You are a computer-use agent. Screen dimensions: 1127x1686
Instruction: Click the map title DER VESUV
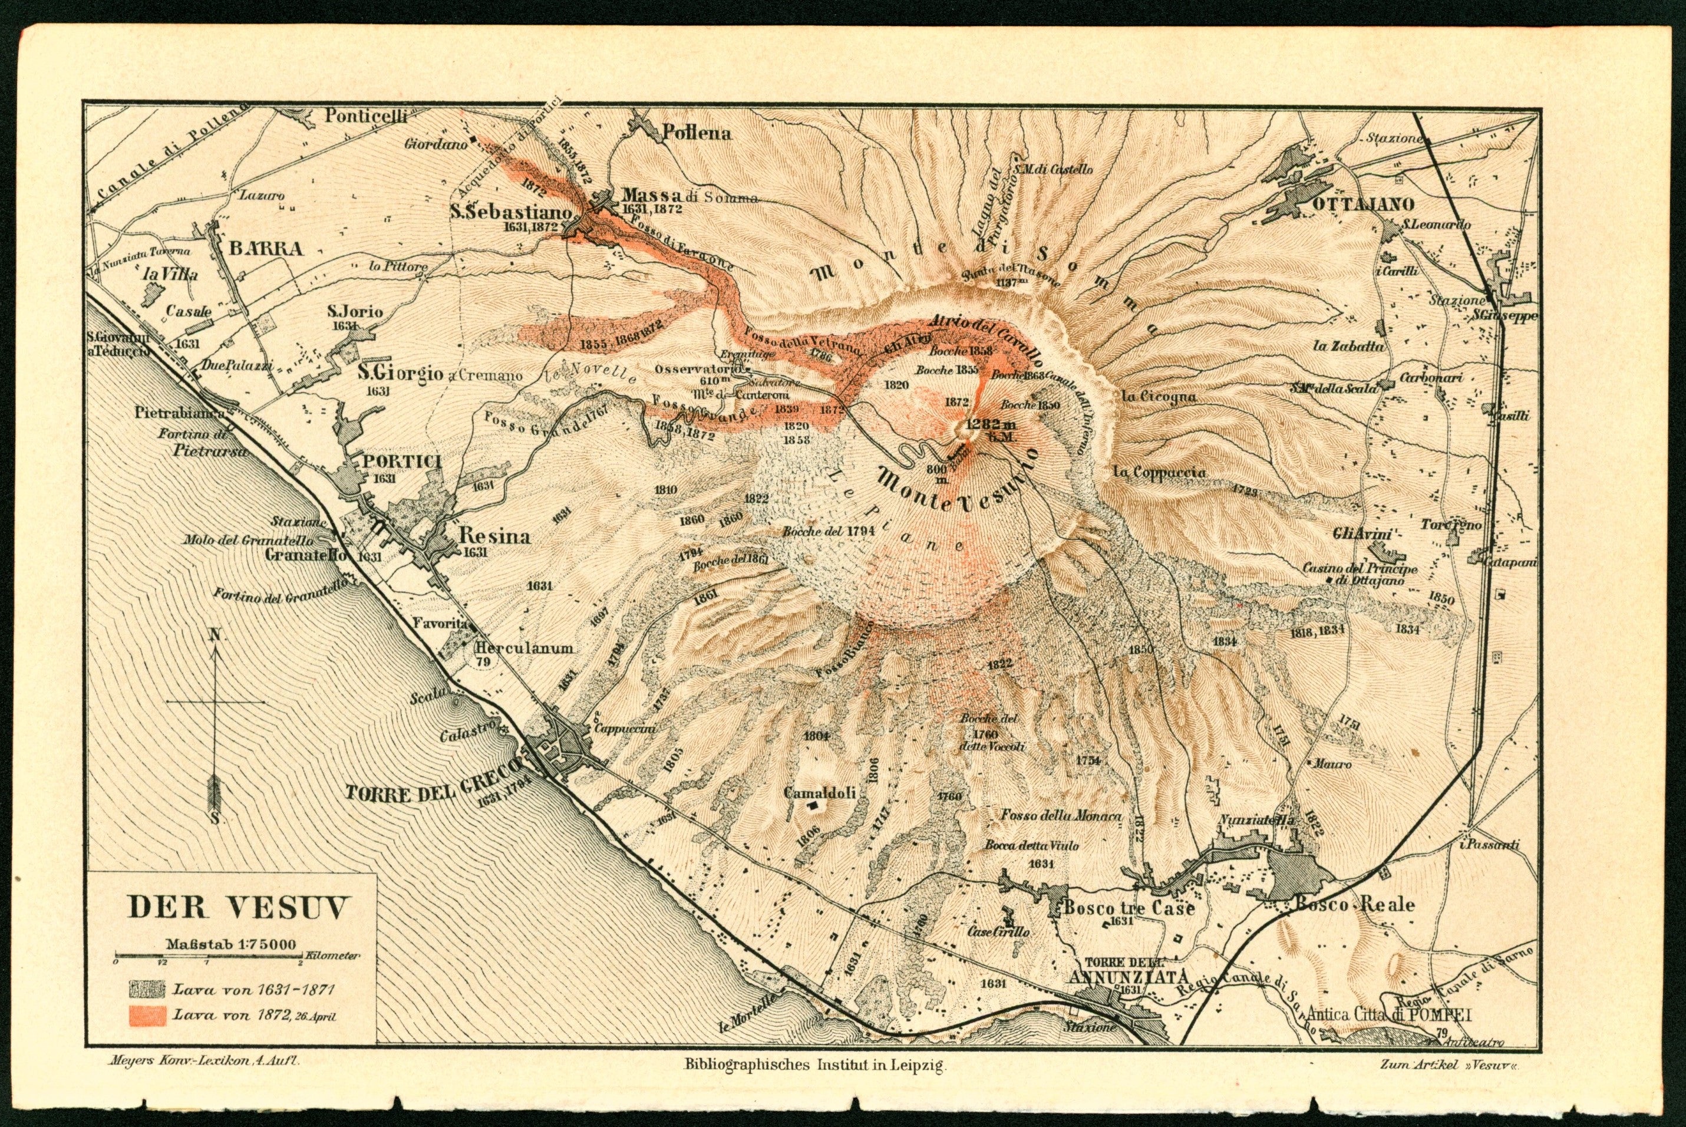(x=237, y=908)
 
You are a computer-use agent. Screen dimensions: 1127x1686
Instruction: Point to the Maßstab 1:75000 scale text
(x=230, y=944)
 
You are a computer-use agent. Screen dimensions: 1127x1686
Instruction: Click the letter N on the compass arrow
(x=214, y=635)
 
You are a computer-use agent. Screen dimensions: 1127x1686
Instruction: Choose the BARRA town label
(x=265, y=249)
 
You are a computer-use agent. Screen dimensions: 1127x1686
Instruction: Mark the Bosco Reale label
(x=1354, y=904)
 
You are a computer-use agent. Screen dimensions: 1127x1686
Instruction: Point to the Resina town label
(x=494, y=536)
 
